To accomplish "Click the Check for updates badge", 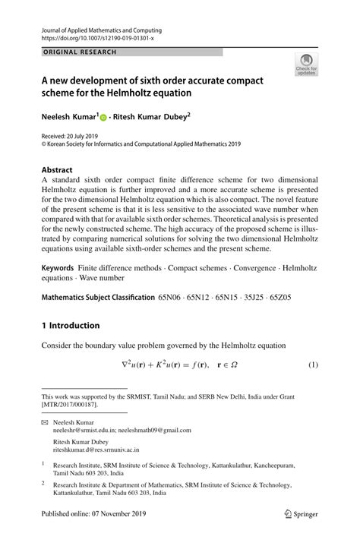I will coord(306,64).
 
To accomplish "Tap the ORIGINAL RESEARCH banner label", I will coord(80,52).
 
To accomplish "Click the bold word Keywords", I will coord(58,269).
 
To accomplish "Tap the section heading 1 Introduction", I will coord(71,326).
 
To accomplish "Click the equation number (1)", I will coord(312,365).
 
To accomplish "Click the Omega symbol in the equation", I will coord(234,365).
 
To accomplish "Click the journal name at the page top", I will coord(102,30).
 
